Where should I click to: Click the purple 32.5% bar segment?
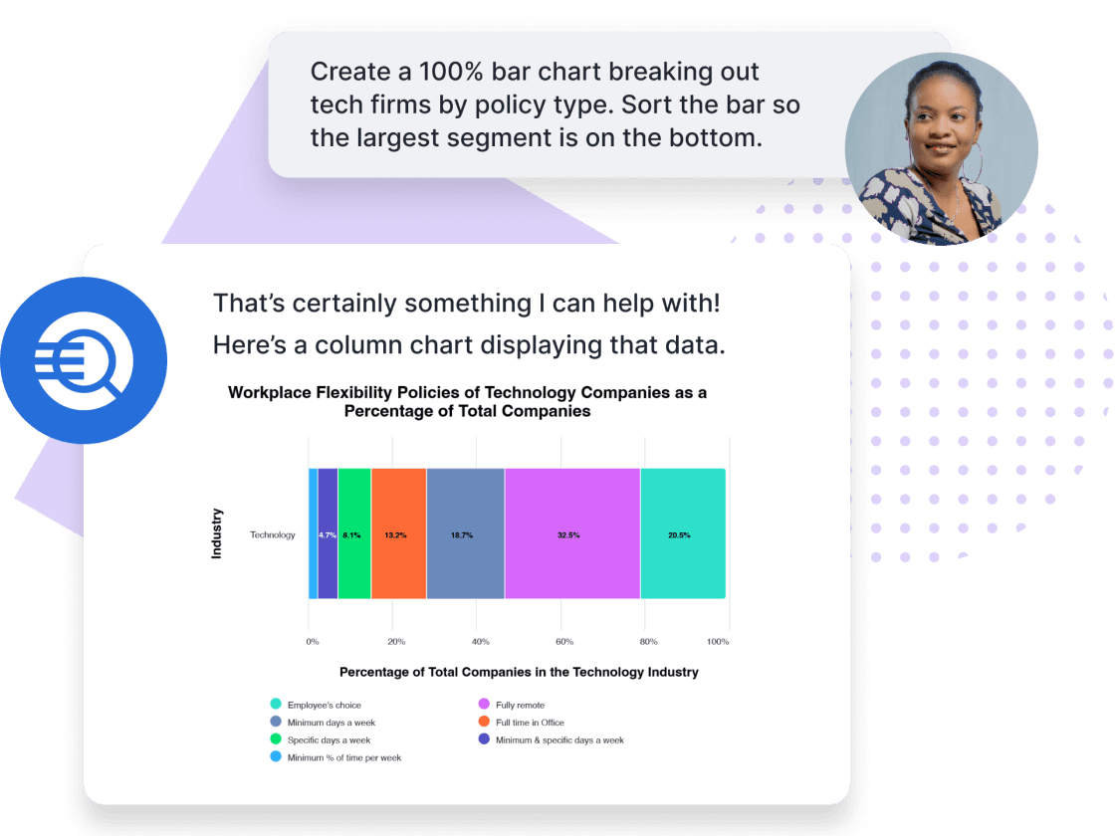[572, 533]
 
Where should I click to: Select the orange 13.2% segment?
[399, 533]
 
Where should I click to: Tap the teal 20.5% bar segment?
[683, 533]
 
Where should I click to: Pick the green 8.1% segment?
[354, 533]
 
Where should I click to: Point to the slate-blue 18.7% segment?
[466, 533]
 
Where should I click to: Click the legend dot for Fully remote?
[484, 704]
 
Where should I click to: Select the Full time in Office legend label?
[530, 723]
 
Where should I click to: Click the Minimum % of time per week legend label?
[344, 757]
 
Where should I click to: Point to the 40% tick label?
[481, 641]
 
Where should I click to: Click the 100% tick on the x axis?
[718, 641]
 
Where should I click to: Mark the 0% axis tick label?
[313, 641]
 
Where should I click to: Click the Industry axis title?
[217, 533]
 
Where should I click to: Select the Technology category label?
[273, 534]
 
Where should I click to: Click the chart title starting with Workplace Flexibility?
[467, 402]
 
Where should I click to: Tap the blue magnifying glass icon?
[84, 360]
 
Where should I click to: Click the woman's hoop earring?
[975, 162]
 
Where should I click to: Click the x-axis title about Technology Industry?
[519, 672]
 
